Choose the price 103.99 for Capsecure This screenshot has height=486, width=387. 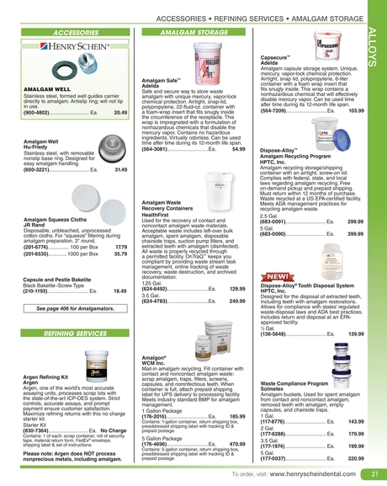pyautogui.click(x=356, y=110)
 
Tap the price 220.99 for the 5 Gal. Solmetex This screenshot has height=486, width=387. pyautogui.click(x=356, y=458)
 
